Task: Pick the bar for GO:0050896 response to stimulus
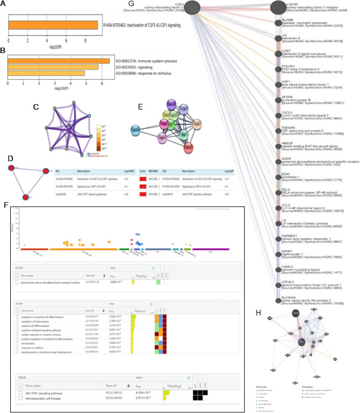(45, 73)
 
